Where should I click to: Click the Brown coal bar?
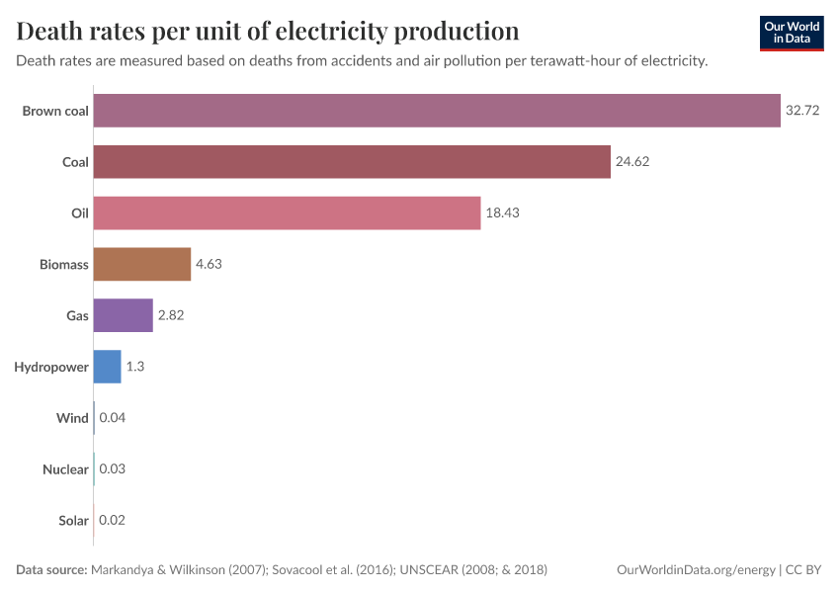click(437, 111)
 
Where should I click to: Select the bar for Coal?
click(352, 162)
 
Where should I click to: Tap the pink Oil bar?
click(287, 213)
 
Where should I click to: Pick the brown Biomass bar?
click(142, 264)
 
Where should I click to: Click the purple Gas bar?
click(124, 315)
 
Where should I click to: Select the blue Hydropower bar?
click(108, 367)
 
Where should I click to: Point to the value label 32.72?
click(802, 111)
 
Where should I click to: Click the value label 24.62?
click(632, 162)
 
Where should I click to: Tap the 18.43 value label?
click(502, 213)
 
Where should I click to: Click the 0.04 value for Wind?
click(113, 418)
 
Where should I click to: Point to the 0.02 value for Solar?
click(112, 520)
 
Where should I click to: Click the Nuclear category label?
click(65, 469)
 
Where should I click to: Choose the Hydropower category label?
click(51, 367)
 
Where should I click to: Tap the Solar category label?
click(73, 520)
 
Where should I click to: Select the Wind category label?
click(72, 418)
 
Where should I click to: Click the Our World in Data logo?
click(791, 34)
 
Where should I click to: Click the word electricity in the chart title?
click(331, 32)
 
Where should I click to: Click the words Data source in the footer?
click(51, 570)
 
